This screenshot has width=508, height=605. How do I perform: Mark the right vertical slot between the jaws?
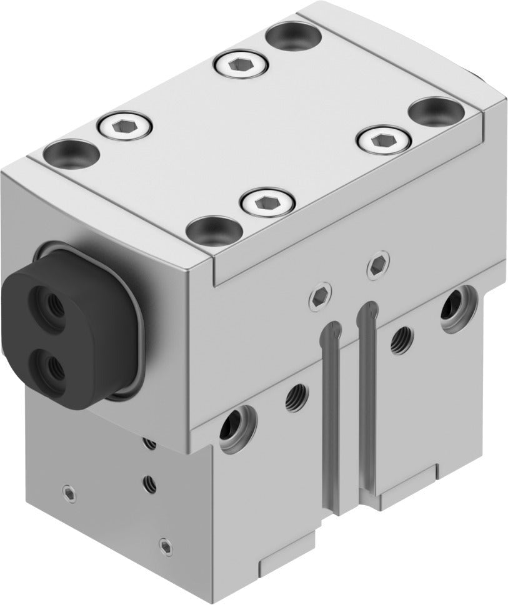click(367, 387)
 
